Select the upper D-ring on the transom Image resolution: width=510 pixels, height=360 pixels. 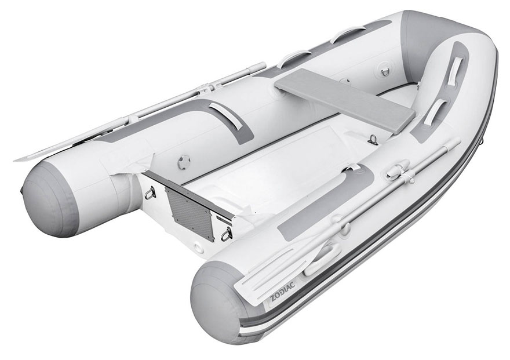point(151,193)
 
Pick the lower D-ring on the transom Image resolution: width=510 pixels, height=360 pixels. point(227,234)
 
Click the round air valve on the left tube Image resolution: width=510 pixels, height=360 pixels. point(183,161)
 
